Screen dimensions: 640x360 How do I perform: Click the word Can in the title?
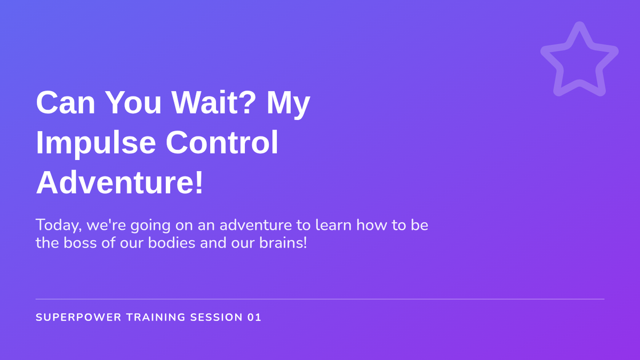tap(66, 102)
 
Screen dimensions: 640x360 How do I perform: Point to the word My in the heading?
tap(289, 105)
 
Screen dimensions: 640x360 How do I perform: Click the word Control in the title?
tap(222, 142)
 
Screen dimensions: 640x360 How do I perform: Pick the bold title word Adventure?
tap(119, 182)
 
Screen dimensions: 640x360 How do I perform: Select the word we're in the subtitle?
tap(106, 225)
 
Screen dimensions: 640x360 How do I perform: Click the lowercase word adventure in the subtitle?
tap(255, 225)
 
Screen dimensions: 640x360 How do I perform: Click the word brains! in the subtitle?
tap(283, 243)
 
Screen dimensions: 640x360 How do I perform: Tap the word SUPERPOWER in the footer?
tap(78, 317)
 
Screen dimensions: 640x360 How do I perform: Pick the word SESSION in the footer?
tap(217, 317)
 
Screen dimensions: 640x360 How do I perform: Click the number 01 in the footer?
tap(254, 317)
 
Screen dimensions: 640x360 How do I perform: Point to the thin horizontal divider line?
tap(320, 299)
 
